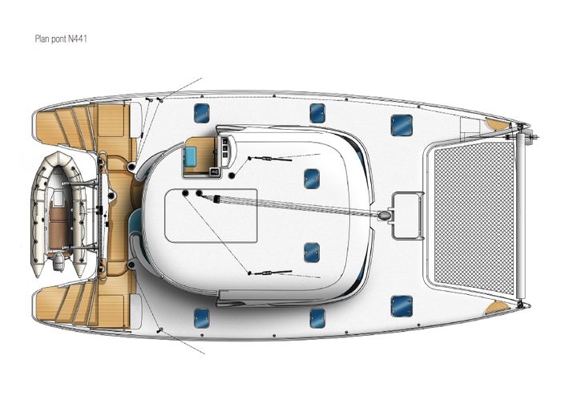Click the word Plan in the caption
[42, 38]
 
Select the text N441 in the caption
[78, 38]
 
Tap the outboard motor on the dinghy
[58, 260]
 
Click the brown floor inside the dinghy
[59, 224]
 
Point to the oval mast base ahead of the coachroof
[384, 215]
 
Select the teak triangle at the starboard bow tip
[497, 307]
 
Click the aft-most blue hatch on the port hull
[201, 113]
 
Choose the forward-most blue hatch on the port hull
[402, 125]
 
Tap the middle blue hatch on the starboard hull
[317, 318]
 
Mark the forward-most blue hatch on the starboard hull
[402, 306]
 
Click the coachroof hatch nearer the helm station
[311, 179]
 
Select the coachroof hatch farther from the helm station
[311, 252]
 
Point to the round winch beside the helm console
[232, 176]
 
